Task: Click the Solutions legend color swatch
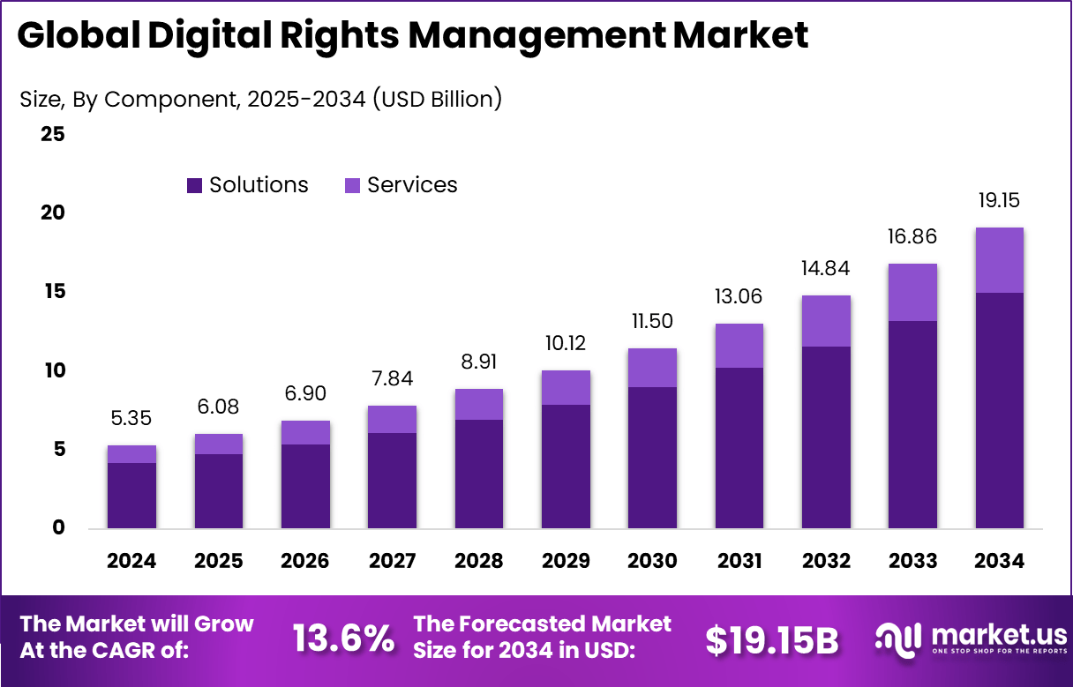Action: coord(194,185)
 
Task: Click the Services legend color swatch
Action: coord(352,185)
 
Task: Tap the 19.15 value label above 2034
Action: coord(999,201)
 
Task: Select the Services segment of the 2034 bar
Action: coord(999,260)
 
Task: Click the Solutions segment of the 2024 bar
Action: coord(131,495)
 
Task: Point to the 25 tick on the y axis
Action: coord(52,135)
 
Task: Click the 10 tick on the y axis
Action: coord(52,370)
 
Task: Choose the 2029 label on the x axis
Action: coord(566,562)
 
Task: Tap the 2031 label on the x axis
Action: coord(739,562)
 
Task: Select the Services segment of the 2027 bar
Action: coord(392,419)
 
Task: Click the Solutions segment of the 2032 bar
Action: coord(825,437)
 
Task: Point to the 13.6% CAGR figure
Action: coord(343,639)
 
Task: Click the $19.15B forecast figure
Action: coord(771,641)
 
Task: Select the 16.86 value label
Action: coord(912,237)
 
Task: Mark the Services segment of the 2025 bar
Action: coord(218,444)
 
